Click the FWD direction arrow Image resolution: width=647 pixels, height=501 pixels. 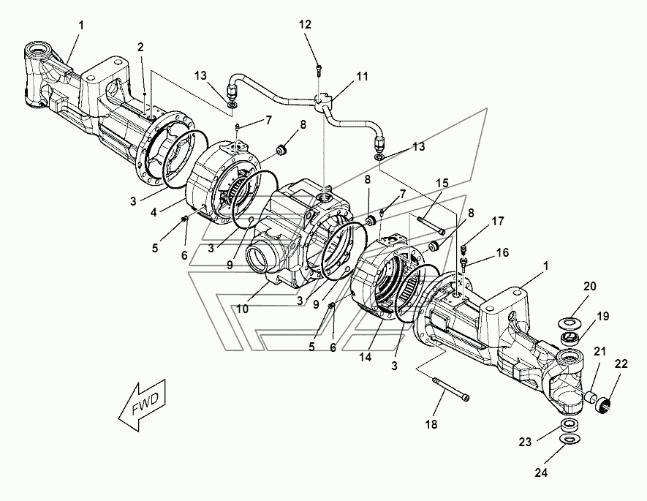[x=143, y=401]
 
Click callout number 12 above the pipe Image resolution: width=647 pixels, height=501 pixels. [x=305, y=25]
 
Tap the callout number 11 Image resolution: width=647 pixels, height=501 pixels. [x=363, y=77]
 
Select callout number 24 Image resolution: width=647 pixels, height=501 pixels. [x=541, y=472]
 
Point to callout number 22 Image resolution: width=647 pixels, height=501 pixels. [x=621, y=364]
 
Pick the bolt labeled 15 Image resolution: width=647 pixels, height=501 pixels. [x=431, y=225]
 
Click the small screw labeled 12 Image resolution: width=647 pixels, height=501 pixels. [x=319, y=70]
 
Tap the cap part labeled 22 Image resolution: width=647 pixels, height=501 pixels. [x=602, y=404]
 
